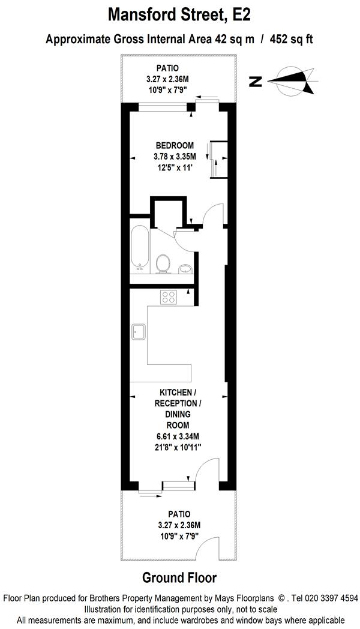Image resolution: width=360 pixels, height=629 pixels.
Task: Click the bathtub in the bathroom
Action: [x=139, y=247]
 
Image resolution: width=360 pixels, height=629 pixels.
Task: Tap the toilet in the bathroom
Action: [x=162, y=262]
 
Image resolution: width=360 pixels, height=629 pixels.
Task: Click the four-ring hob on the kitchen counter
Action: [x=168, y=296]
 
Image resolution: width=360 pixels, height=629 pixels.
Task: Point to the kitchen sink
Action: [x=139, y=331]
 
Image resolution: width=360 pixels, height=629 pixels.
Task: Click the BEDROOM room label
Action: [x=175, y=145]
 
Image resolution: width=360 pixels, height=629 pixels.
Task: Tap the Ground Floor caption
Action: [x=179, y=578]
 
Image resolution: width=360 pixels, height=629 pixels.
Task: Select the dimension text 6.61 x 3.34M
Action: [x=175, y=436]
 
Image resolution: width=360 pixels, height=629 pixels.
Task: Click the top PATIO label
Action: [x=167, y=68]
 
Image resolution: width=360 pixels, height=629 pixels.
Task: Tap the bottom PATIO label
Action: [x=179, y=514]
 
